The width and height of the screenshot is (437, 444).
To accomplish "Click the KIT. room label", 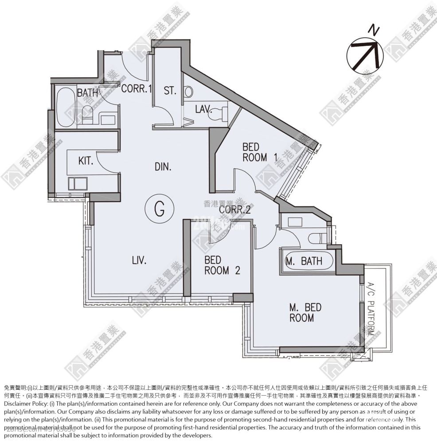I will pos(86,160).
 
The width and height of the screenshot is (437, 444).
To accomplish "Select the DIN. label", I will pos(163,166).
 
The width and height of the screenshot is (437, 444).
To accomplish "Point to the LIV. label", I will pos(139,260).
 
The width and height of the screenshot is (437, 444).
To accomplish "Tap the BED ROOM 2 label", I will pos(222,265).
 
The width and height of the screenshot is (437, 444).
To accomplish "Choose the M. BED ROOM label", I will pos(305,312).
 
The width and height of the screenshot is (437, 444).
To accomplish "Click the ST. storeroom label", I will pos(170,91).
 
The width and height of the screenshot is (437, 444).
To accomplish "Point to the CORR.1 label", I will pos(137,88).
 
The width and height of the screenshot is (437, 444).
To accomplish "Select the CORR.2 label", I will pos(235,210).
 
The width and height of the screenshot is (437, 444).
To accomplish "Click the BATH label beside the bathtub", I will pos(87,93).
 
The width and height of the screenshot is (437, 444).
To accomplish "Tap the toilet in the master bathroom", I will pos(316,238).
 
